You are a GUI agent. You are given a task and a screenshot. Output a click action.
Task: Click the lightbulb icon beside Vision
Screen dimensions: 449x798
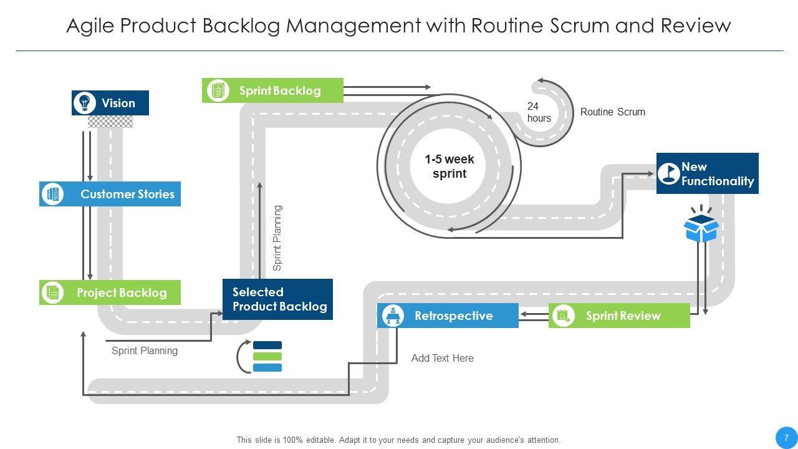(x=84, y=103)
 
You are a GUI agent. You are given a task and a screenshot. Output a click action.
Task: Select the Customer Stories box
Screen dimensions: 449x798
(x=110, y=194)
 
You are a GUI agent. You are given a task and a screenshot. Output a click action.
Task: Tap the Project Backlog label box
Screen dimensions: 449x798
(x=110, y=292)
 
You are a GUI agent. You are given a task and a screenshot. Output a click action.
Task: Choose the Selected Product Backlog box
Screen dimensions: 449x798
(x=277, y=299)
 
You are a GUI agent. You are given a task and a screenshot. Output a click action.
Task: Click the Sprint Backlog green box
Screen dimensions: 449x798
(x=272, y=90)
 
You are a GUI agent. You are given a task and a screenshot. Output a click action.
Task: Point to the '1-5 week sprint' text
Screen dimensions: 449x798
(x=449, y=167)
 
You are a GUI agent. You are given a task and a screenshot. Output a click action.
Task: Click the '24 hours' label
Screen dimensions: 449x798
(x=539, y=112)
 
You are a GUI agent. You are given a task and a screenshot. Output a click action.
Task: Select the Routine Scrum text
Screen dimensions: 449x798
(x=612, y=112)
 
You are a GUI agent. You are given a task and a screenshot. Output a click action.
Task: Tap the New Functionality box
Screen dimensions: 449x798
(x=708, y=173)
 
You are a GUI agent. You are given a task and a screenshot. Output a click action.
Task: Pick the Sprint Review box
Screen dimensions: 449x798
(x=619, y=316)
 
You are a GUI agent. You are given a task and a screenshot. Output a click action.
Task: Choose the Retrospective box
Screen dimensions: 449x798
(x=448, y=316)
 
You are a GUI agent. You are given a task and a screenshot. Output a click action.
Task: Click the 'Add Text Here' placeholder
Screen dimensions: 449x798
(x=442, y=358)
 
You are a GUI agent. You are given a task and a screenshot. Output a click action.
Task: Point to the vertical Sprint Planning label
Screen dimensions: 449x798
(x=278, y=238)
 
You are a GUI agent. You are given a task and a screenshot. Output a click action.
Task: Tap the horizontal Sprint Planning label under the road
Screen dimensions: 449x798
(x=145, y=350)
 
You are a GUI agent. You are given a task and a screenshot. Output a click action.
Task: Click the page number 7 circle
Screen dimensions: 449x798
(x=786, y=437)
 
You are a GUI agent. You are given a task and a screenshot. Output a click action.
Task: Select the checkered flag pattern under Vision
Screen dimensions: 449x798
(x=110, y=122)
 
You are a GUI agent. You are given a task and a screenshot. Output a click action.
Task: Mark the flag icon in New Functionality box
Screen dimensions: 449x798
(x=669, y=173)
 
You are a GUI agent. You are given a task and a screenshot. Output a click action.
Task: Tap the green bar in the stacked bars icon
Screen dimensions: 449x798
(x=267, y=357)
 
